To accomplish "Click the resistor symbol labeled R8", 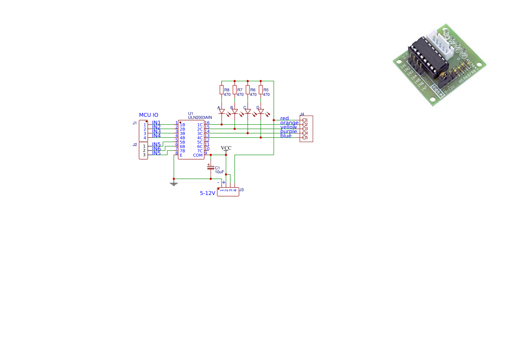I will click(222, 90).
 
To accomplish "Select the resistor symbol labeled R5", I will click(261, 90).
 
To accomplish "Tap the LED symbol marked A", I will click(222, 111).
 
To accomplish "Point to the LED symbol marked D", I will click(261, 111).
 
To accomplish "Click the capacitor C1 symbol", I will click(211, 167).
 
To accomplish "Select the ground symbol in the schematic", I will click(174, 184).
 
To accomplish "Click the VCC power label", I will click(226, 148).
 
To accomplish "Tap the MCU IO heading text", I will click(149, 115).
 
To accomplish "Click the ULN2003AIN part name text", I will click(200, 117).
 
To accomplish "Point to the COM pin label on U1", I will click(198, 155).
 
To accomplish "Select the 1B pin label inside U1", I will click(183, 125).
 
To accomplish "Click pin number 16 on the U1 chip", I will click(207, 123).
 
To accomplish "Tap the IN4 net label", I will click(156, 136).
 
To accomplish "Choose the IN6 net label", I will click(156, 149).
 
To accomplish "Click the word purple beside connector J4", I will click(289, 132).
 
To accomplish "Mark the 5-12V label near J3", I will click(207, 193).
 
